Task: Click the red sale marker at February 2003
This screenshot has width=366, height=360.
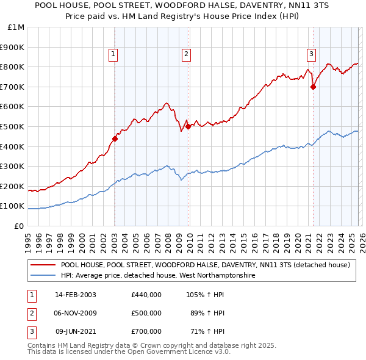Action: (x=115, y=139)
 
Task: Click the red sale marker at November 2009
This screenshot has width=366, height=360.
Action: (x=188, y=126)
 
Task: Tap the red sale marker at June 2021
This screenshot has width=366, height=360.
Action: (x=313, y=87)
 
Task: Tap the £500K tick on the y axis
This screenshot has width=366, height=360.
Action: (x=13, y=126)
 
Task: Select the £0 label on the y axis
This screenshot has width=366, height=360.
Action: (x=20, y=226)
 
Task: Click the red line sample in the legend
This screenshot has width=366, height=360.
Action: (x=43, y=265)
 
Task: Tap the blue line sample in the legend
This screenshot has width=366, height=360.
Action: (x=43, y=276)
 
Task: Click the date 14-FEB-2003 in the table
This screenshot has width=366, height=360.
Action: (x=75, y=294)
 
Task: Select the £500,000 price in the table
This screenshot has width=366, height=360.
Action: (x=146, y=313)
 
